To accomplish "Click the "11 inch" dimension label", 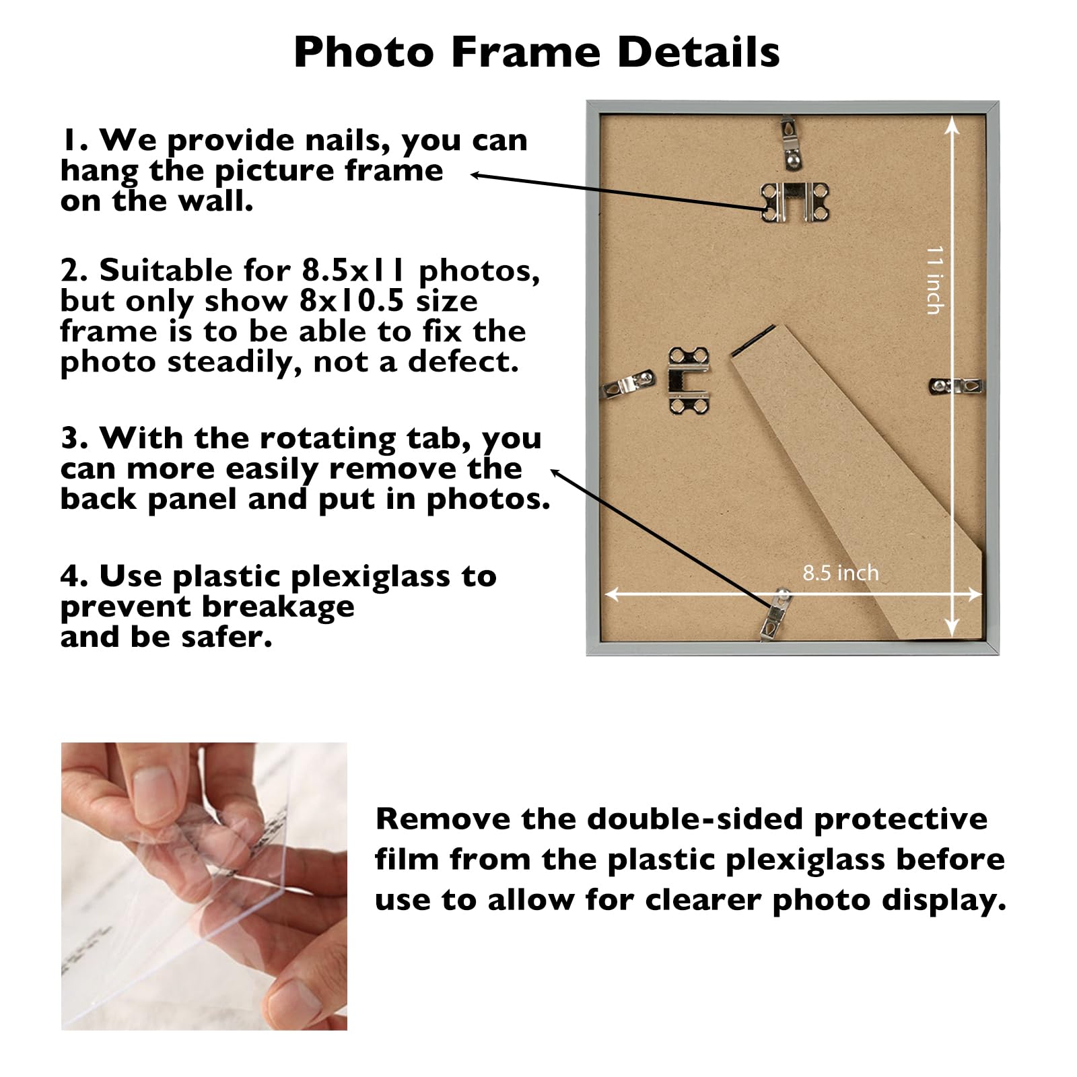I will tap(935, 279).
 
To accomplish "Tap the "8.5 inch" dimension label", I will tap(840, 573).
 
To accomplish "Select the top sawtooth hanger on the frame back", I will tap(795, 201).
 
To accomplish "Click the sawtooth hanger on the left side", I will tap(688, 380).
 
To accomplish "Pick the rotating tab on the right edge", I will tap(956, 386).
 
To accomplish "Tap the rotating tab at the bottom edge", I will tap(776, 614).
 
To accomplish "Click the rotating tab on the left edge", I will tap(629, 383).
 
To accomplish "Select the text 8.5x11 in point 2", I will tap(353, 271).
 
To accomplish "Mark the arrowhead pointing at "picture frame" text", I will tap(475, 175).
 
